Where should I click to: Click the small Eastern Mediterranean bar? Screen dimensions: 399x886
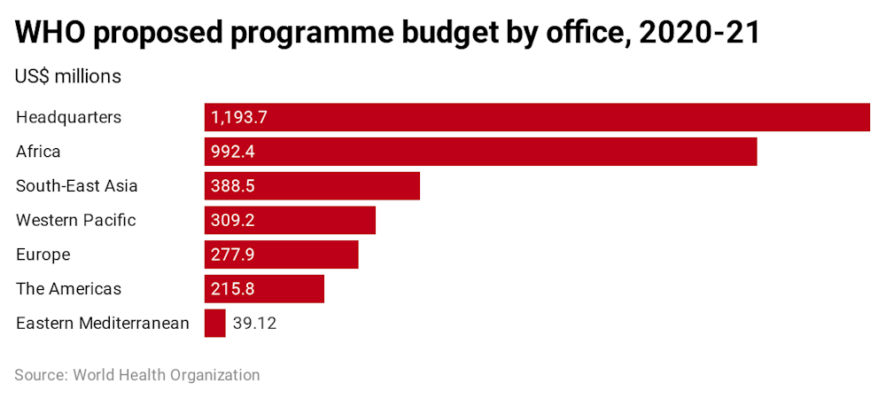pos(214,323)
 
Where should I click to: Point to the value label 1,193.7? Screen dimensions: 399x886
pos(239,117)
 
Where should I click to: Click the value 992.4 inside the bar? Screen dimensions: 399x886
pos(233,152)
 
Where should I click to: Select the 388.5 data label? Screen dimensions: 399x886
pos(233,186)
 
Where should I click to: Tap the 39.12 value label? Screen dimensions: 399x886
pos(254,324)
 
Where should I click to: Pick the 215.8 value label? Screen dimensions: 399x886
pos(233,289)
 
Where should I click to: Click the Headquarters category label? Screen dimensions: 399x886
pos(68,117)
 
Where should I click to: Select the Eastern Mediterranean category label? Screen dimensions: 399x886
pos(103,323)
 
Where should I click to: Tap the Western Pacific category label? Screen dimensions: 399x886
pos(76,220)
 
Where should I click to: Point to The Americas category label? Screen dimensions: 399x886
pos(68,289)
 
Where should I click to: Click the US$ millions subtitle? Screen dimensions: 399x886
pos(67,76)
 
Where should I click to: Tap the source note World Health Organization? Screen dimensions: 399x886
pos(167,375)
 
